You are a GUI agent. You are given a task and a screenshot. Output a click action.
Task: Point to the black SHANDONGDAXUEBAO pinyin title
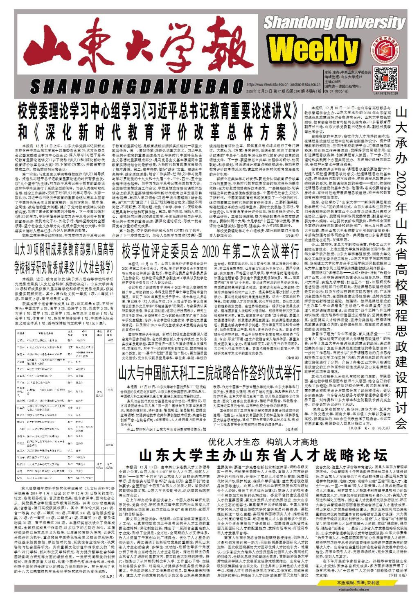(x=136, y=87)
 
